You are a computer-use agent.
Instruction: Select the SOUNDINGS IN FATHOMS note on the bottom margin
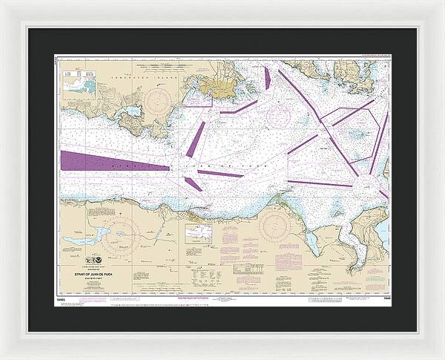click(222, 299)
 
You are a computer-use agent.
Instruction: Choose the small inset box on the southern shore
click(199, 234)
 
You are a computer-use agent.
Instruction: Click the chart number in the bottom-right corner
click(383, 299)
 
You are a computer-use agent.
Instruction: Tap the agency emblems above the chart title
click(96, 261)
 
